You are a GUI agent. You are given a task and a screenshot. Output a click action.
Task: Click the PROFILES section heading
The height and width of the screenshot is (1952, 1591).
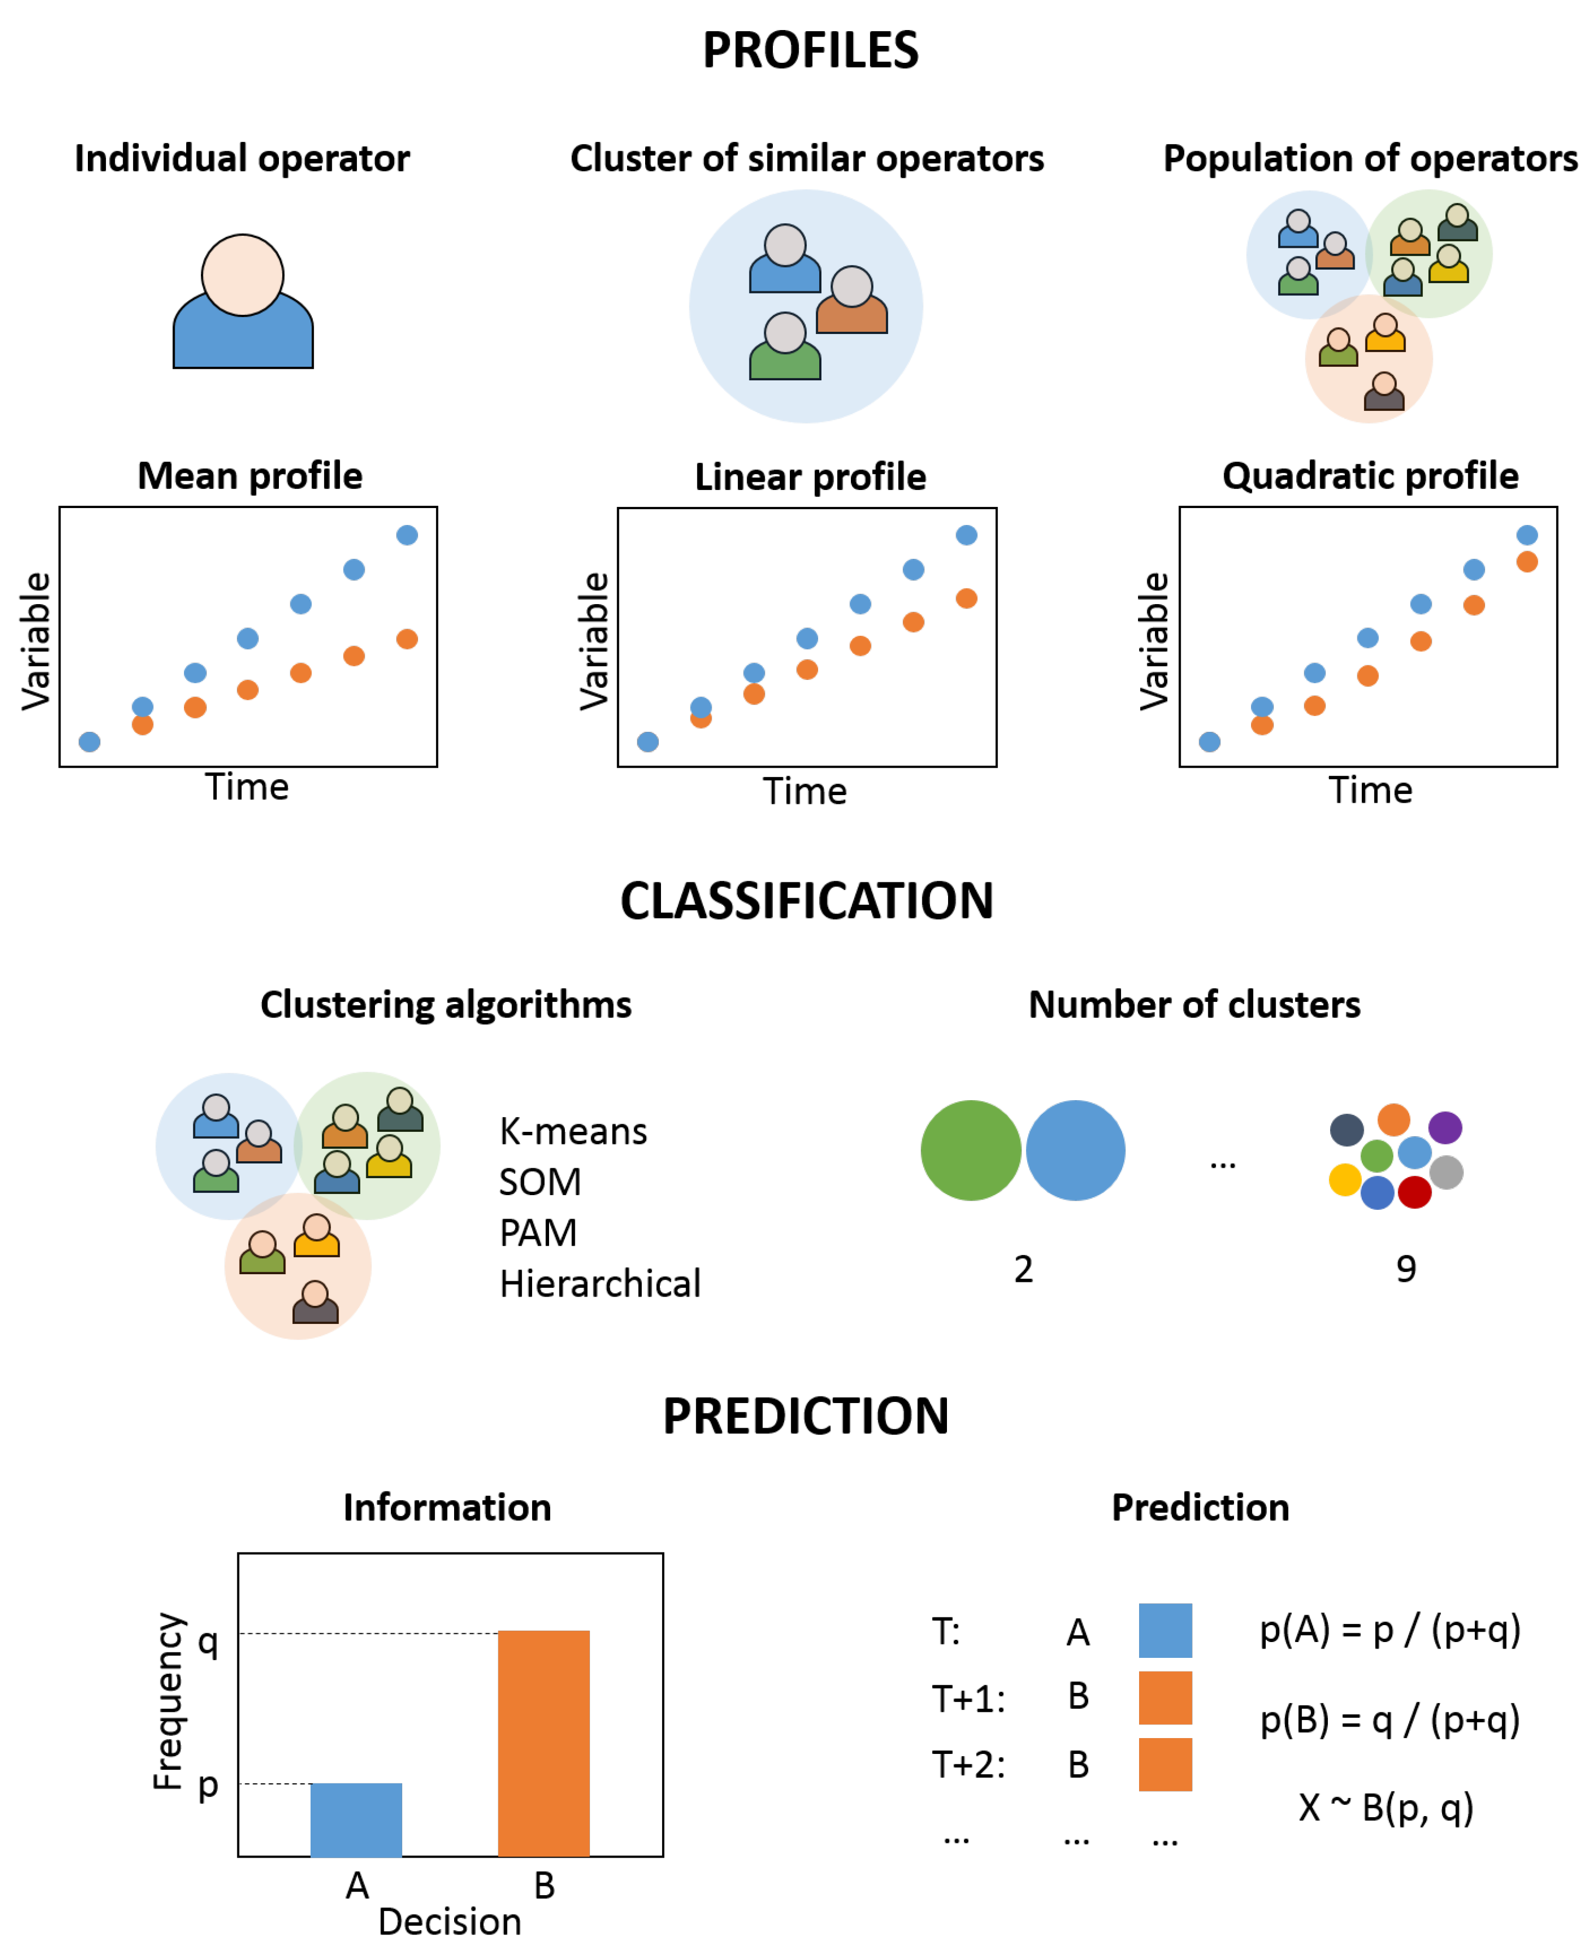click(x=810, y=50)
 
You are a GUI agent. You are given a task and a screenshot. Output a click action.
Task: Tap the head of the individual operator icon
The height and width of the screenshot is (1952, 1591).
click(x=243, y=275)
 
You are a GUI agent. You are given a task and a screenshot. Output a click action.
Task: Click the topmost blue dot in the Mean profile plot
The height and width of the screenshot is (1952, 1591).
click(x=407, y=535)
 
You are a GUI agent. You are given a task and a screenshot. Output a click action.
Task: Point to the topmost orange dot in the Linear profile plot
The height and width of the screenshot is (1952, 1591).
click(x=966, y=599)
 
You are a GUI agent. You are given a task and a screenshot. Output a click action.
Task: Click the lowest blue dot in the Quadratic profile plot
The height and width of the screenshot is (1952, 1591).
click(x=1209, y=742)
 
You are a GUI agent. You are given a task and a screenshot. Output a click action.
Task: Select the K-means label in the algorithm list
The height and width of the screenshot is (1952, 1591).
click(x=573, y=1132)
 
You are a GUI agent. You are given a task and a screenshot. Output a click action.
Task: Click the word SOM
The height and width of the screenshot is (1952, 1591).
click(x=540, y=1182)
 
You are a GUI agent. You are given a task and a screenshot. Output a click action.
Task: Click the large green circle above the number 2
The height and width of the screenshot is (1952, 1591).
click(x=970, y=1150)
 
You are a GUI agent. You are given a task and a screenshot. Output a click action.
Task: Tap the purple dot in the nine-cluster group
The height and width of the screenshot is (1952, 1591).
click(x=1445, y=1127)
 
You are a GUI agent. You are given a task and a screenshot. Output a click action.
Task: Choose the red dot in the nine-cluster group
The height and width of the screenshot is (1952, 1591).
click(x=1414, y=1192)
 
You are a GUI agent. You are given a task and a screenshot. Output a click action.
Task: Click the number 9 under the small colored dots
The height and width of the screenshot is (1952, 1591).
click(x=1406, y=1269)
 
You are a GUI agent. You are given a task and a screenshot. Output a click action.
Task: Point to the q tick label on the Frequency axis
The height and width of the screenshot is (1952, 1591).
click(x=209, y=1640)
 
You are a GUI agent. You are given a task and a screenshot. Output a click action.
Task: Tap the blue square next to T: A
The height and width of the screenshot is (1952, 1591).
click(x=1165, y=1631)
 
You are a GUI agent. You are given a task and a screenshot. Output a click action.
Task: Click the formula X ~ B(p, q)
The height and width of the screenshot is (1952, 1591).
click(x=1386, y=1807)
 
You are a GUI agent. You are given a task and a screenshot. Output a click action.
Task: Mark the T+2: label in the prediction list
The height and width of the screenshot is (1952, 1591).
click(x=968, y=1764)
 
